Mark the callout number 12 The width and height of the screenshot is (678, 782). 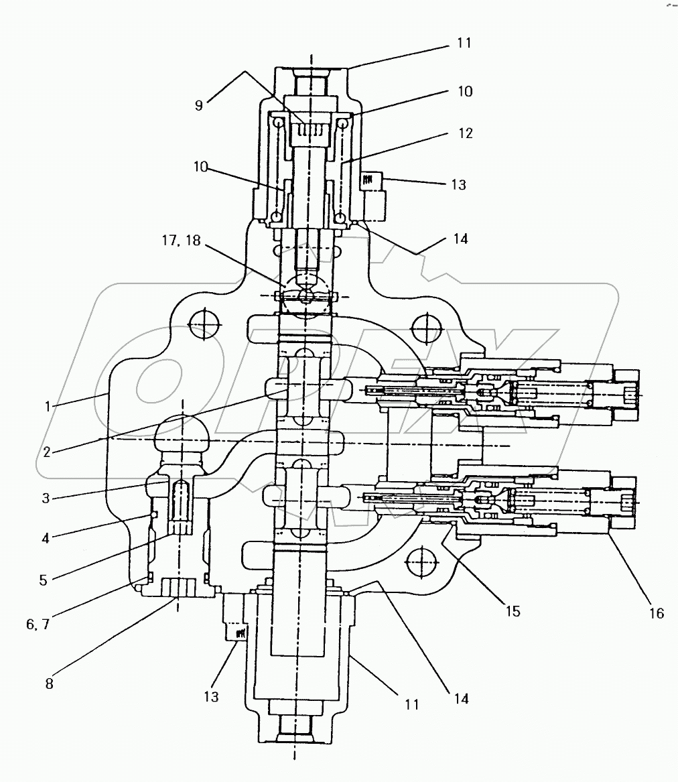466,133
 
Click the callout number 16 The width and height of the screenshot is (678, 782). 656,612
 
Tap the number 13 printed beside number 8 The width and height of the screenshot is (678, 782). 211,697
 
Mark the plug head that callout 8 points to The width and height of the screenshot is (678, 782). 178,589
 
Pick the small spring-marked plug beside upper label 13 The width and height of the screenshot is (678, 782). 370,180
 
